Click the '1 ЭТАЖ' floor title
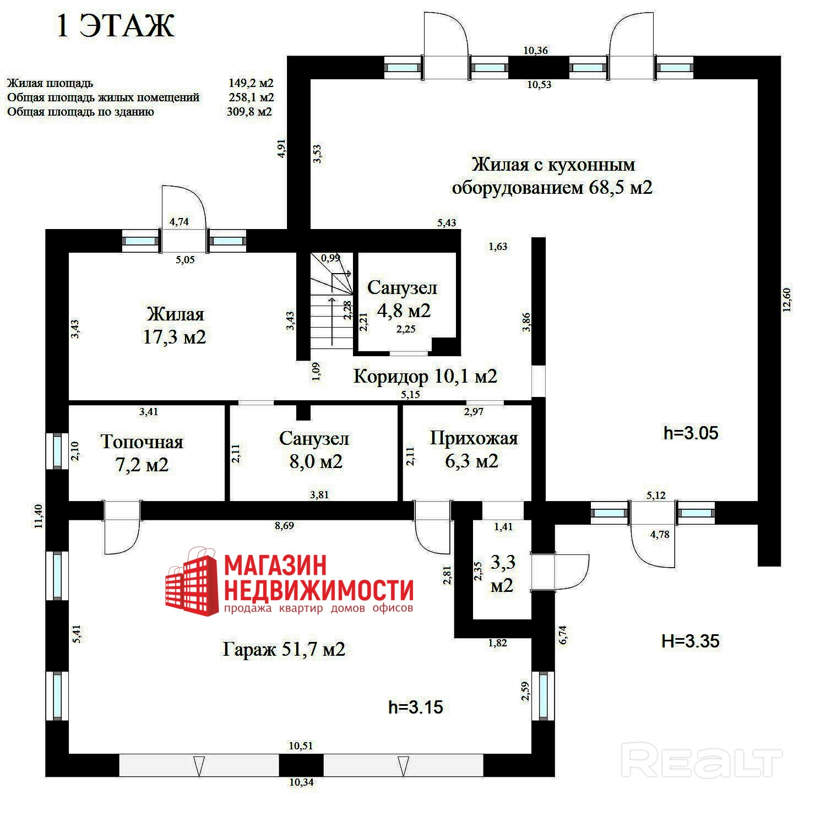tap(116, 26)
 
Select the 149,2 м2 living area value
tap(251, 83)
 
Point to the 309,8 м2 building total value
tap(249, 112)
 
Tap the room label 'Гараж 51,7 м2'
tap(284, 649)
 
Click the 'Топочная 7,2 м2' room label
tap(142, 453)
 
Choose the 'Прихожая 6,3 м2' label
tap(473, 449)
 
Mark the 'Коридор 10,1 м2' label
tap(425, 376)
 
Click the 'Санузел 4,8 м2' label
tap(403, 299)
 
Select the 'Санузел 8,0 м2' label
tap(314, 450)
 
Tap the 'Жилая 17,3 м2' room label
tap(175, 325)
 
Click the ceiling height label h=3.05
tap(691, 433)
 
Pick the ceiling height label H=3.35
tap(691, 641)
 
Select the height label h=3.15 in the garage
tap(416, 707)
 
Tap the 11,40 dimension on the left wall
tap(38, 516)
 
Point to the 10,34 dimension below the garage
tap(301, 782)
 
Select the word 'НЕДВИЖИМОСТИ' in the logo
tap(319, 590)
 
